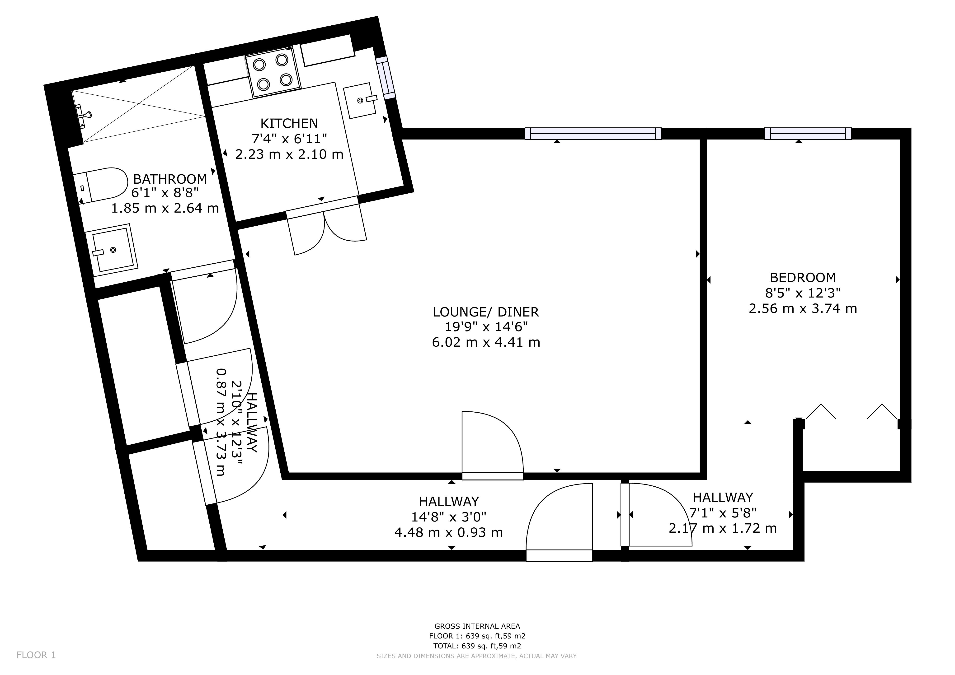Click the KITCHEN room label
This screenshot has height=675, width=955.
point(289,123)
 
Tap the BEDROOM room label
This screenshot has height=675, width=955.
point(802,278)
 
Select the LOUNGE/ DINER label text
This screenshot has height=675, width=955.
point(486,312)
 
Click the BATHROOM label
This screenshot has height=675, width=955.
point(170,179)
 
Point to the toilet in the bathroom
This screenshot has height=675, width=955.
point(101,185)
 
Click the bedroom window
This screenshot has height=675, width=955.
point(808,133)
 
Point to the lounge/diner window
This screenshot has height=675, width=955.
point(593,133)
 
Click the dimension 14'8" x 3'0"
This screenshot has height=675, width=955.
point(448,517)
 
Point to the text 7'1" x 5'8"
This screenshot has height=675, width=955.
point(723,513)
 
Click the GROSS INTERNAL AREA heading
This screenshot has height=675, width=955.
point(477,626)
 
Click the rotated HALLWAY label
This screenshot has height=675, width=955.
point(252,422)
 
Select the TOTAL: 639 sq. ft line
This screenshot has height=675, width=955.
point(477,646)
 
